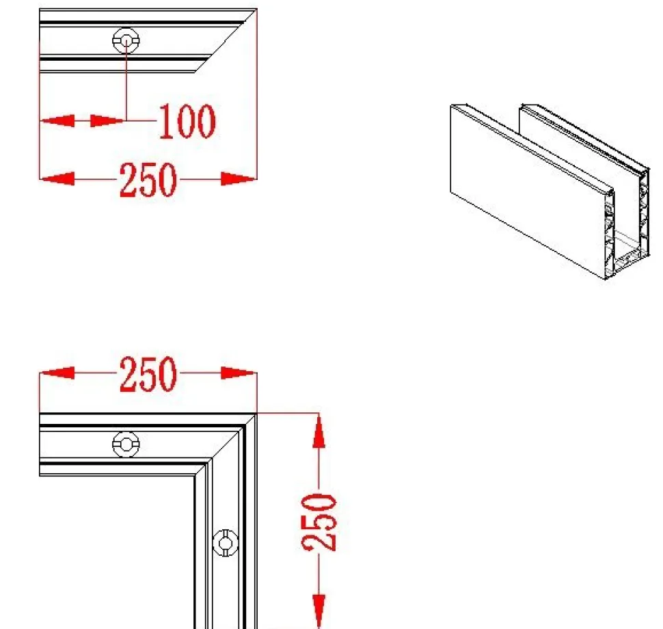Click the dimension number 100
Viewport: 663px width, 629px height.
[187, 122]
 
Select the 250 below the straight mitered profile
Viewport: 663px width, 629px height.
[148, 180]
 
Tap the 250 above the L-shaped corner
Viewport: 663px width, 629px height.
[148, 374]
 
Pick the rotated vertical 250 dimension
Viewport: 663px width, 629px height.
[319, 522]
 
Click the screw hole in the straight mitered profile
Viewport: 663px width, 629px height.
[126, 40]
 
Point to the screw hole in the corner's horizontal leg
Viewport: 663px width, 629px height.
[126, 444]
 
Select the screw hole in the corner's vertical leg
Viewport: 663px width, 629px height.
[226, 543]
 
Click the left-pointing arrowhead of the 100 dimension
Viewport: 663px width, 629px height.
[57, 120]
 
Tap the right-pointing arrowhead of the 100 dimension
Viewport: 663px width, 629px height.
[108, 120]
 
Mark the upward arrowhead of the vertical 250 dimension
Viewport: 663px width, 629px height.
[319, 431]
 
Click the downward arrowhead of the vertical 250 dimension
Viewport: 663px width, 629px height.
[319, 611]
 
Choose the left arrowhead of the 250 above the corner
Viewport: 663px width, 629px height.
[57, 373]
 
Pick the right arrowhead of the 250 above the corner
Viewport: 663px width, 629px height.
[239, 373]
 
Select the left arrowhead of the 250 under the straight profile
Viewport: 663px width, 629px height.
[57, 179]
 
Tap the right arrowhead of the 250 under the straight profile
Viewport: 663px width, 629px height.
[239, 179]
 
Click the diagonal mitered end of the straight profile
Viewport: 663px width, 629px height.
[226, 40]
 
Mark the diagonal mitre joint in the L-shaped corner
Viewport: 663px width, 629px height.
[226, 445]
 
